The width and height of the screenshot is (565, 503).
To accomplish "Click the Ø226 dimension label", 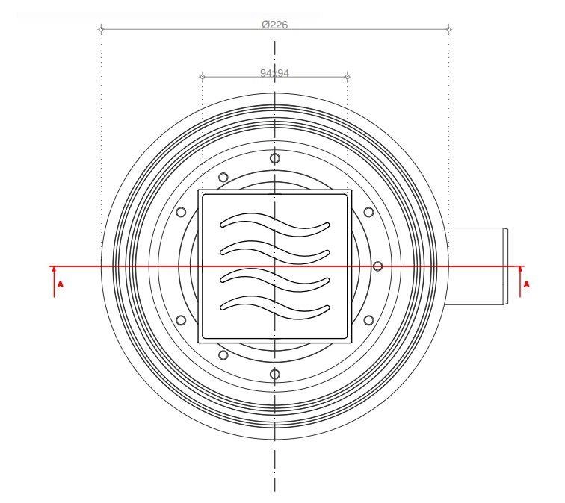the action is tap(275, 25).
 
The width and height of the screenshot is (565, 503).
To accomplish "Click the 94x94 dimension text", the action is tap(274, 73).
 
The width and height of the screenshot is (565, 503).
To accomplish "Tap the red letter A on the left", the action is tap(61, 284).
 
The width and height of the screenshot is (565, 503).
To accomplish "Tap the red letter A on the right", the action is tap(526, 284).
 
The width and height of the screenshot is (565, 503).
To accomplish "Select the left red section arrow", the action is tap(54, 281).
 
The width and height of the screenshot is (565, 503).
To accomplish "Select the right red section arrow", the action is tap(520, 281).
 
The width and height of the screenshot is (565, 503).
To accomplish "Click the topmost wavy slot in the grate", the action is tap(274, 225).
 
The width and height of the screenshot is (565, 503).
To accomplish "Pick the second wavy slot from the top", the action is tap(274, 251).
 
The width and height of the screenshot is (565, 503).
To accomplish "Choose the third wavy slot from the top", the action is tap(274, 280).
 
